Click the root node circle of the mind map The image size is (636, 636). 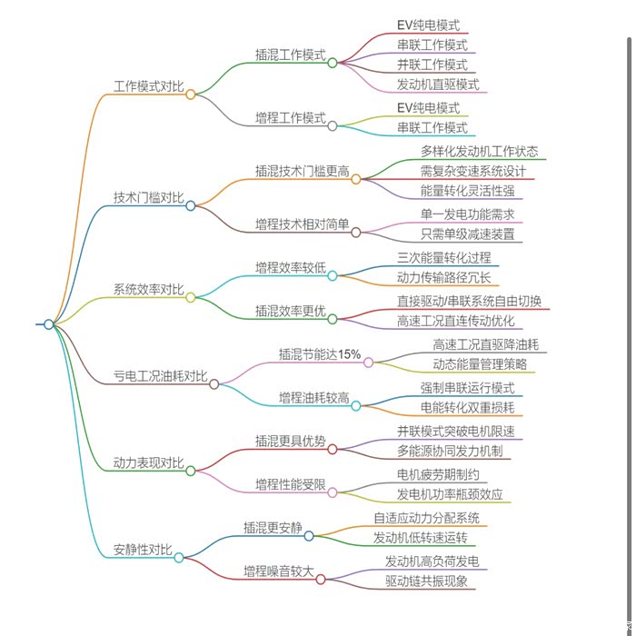click(49, 323)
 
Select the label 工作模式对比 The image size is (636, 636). click(147, 86)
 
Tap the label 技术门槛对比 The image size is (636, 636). click(147, 198)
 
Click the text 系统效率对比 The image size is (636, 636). click(147, 290)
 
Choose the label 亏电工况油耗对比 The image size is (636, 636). click(159, 376)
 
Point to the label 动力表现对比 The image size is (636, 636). click(147, 462)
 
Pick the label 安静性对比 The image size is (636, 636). click(143, 549)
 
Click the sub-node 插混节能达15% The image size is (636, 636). click(319, 354)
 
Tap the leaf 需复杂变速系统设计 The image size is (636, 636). click(472, 170)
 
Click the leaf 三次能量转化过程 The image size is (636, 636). click(443, 258)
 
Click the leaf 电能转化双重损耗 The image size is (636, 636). click(467, 407)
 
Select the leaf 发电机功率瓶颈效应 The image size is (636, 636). click(449, 495)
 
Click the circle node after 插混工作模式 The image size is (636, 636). click(333, 63)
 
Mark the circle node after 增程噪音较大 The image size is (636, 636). click(321, 579)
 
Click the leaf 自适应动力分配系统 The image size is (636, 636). click(426, 518)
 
